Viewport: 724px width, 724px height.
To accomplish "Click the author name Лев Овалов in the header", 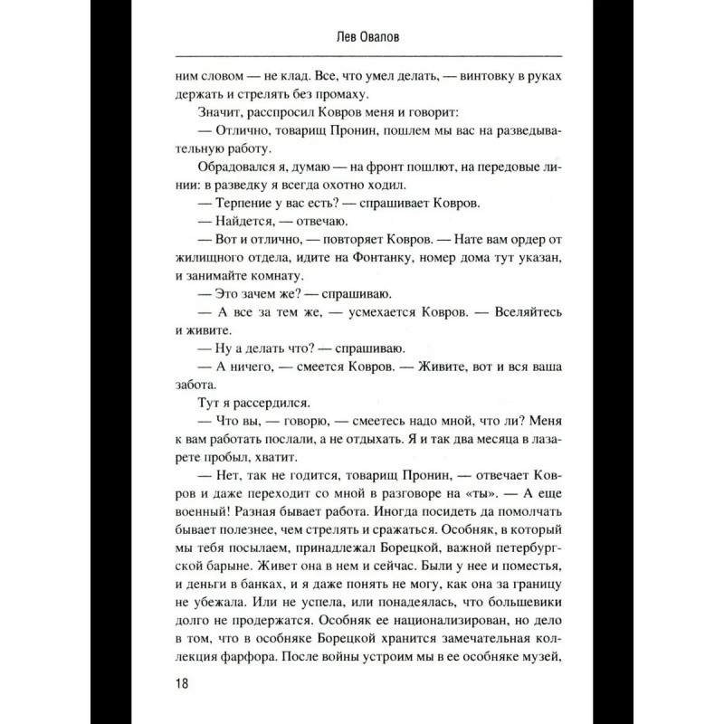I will point(361,37).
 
